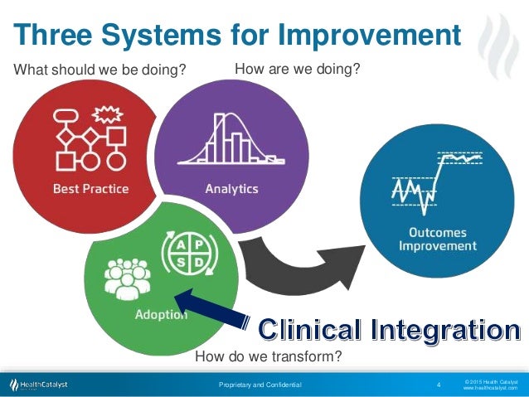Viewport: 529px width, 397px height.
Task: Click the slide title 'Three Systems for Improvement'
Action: point(237,36)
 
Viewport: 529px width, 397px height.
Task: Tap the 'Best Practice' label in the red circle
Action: point(90,188)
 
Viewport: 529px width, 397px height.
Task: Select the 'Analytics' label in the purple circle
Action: point(231,188)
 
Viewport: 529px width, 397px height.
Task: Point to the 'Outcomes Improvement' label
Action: point(437,238)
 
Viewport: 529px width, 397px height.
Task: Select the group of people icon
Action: point(128,277)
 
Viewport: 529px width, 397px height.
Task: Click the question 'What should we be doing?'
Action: point(99,70)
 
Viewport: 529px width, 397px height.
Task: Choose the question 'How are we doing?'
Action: point(298,69)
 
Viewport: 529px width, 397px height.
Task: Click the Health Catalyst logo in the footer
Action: point(39,385)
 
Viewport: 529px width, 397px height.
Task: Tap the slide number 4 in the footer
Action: point(438,385)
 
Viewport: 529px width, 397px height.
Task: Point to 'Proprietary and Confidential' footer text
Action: point(260,385)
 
